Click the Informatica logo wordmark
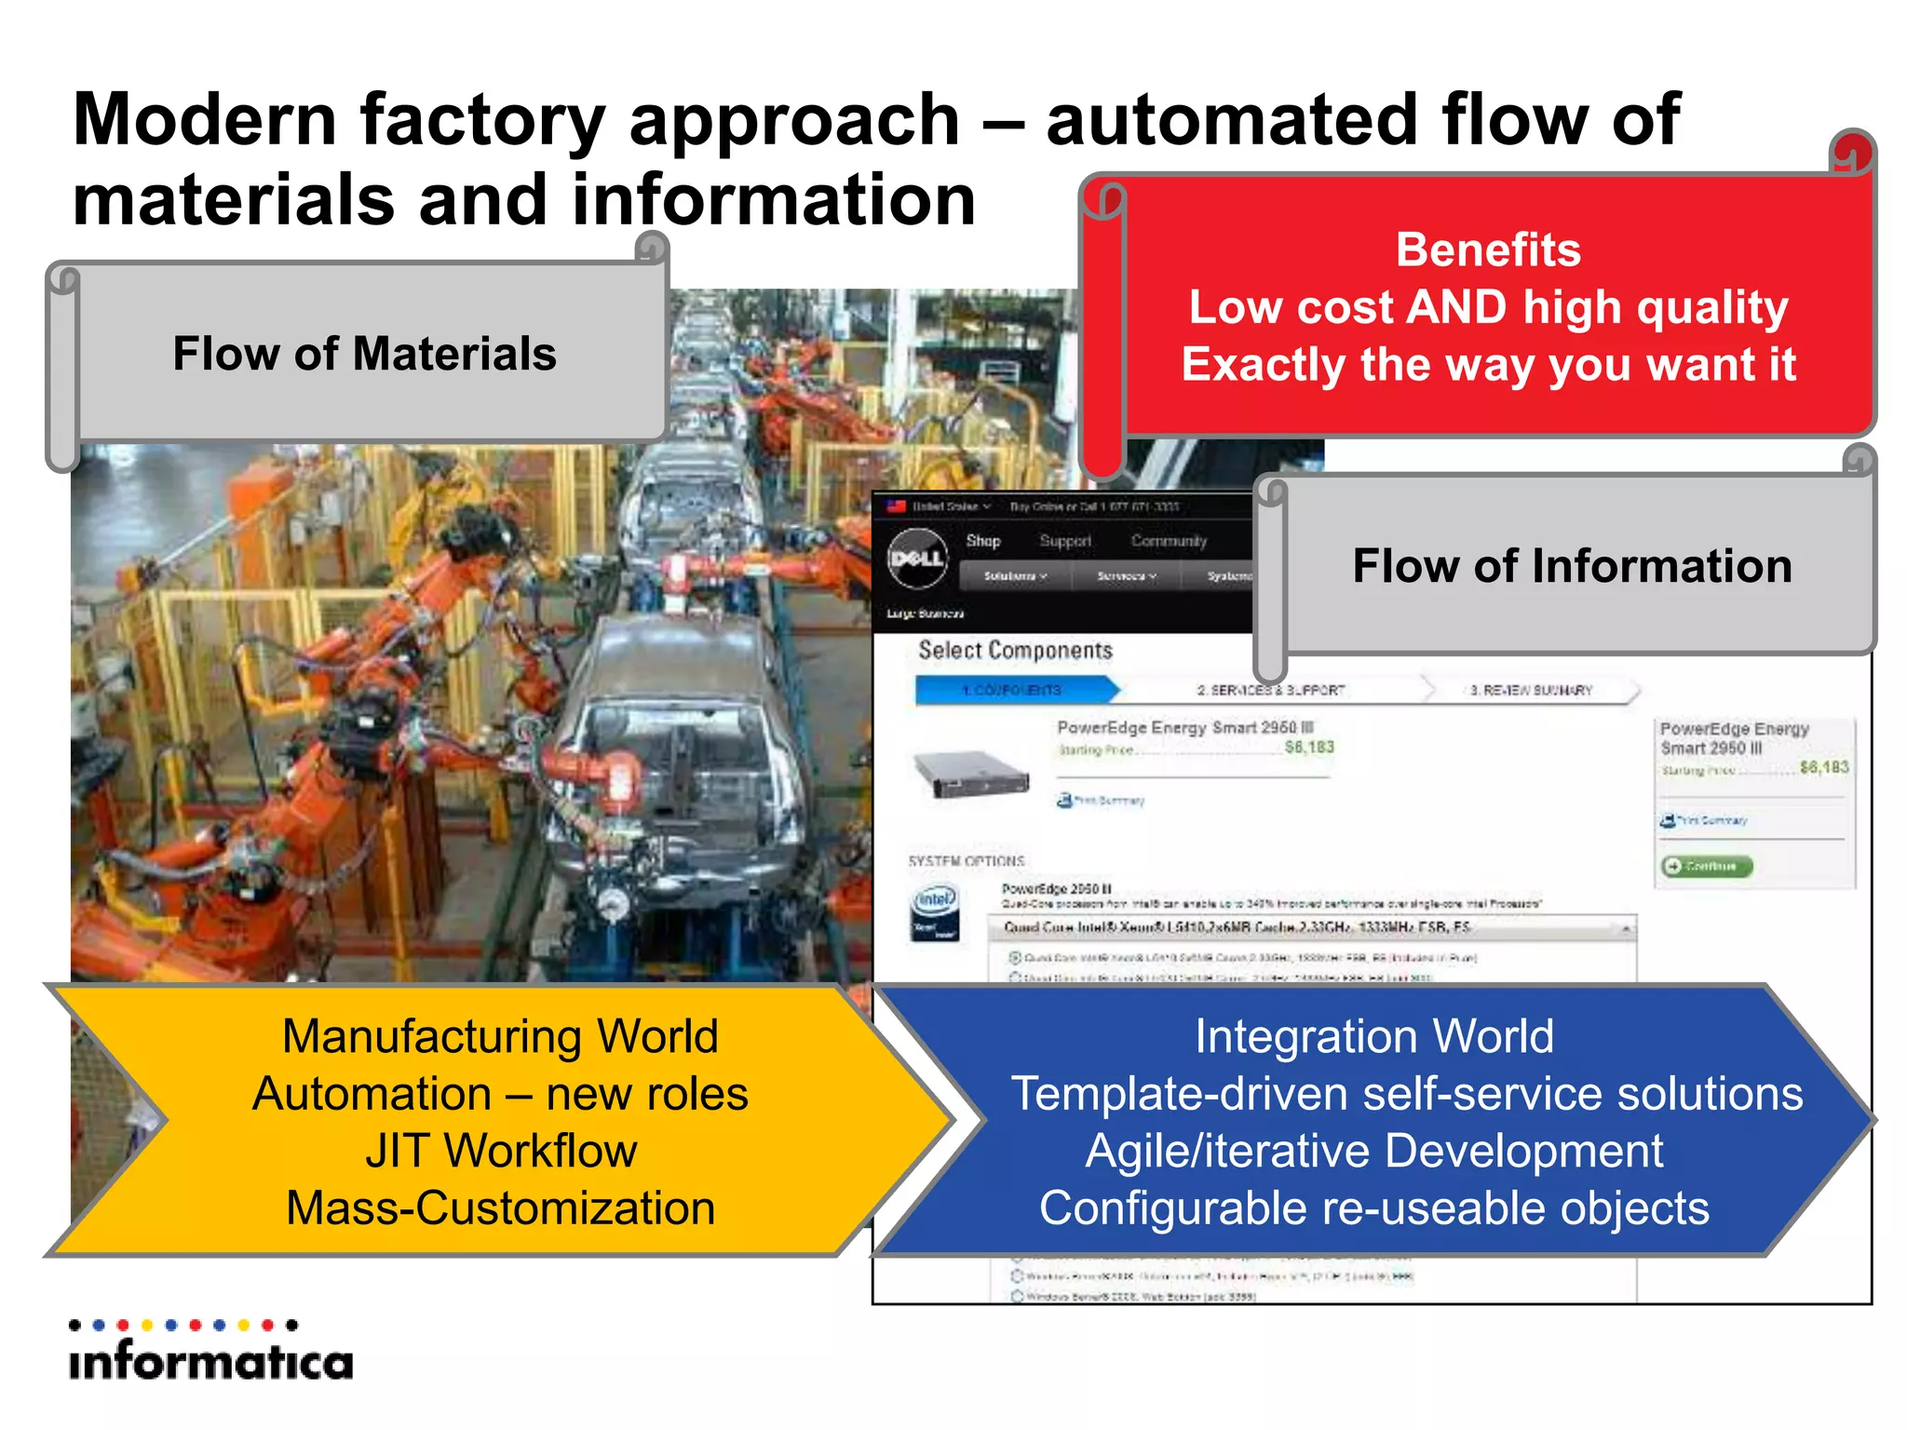211,1362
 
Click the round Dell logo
916,558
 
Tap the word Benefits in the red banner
1488,250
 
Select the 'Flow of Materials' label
364,354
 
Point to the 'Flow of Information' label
1572,566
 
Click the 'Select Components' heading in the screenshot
1015,650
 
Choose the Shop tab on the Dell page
983,541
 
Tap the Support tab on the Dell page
1064,541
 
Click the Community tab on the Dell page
1169,541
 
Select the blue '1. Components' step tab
1013,690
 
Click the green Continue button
1707,866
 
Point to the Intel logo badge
935,911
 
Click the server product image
971,773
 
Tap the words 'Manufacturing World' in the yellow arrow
500,1036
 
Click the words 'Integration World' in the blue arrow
1374,1036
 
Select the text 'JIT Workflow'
500,1151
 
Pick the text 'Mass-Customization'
500,1208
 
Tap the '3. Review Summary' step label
1531,690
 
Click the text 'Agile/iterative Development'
1374,1151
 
